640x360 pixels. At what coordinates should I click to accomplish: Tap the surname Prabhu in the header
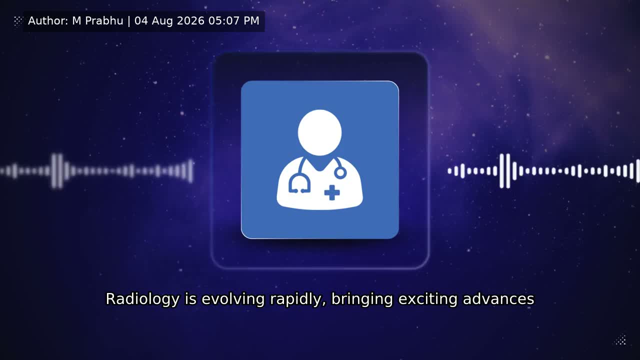(x=104, y=21)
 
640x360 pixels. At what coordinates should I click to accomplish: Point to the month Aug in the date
(x=162, y=21)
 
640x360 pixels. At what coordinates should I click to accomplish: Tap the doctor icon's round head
(x=319, y=132)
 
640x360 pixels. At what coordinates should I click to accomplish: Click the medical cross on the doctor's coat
(x=332, y=193)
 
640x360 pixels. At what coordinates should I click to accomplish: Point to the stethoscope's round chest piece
(x=340, y=173)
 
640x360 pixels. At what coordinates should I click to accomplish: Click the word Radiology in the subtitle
(x=142, y=299)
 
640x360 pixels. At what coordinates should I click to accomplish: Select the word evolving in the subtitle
(x=233, y=299)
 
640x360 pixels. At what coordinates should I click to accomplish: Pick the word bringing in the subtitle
(x=362, y=299)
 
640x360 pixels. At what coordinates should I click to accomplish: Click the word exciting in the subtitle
(x=428, y=299)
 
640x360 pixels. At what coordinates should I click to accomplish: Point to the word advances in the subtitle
(x=498, y=299)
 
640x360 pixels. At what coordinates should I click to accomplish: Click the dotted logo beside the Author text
(x=18, y=21)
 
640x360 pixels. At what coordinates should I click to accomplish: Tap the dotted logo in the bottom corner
(x=621, y=339)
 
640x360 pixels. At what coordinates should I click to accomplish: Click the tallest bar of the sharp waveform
(x=508, y=171)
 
